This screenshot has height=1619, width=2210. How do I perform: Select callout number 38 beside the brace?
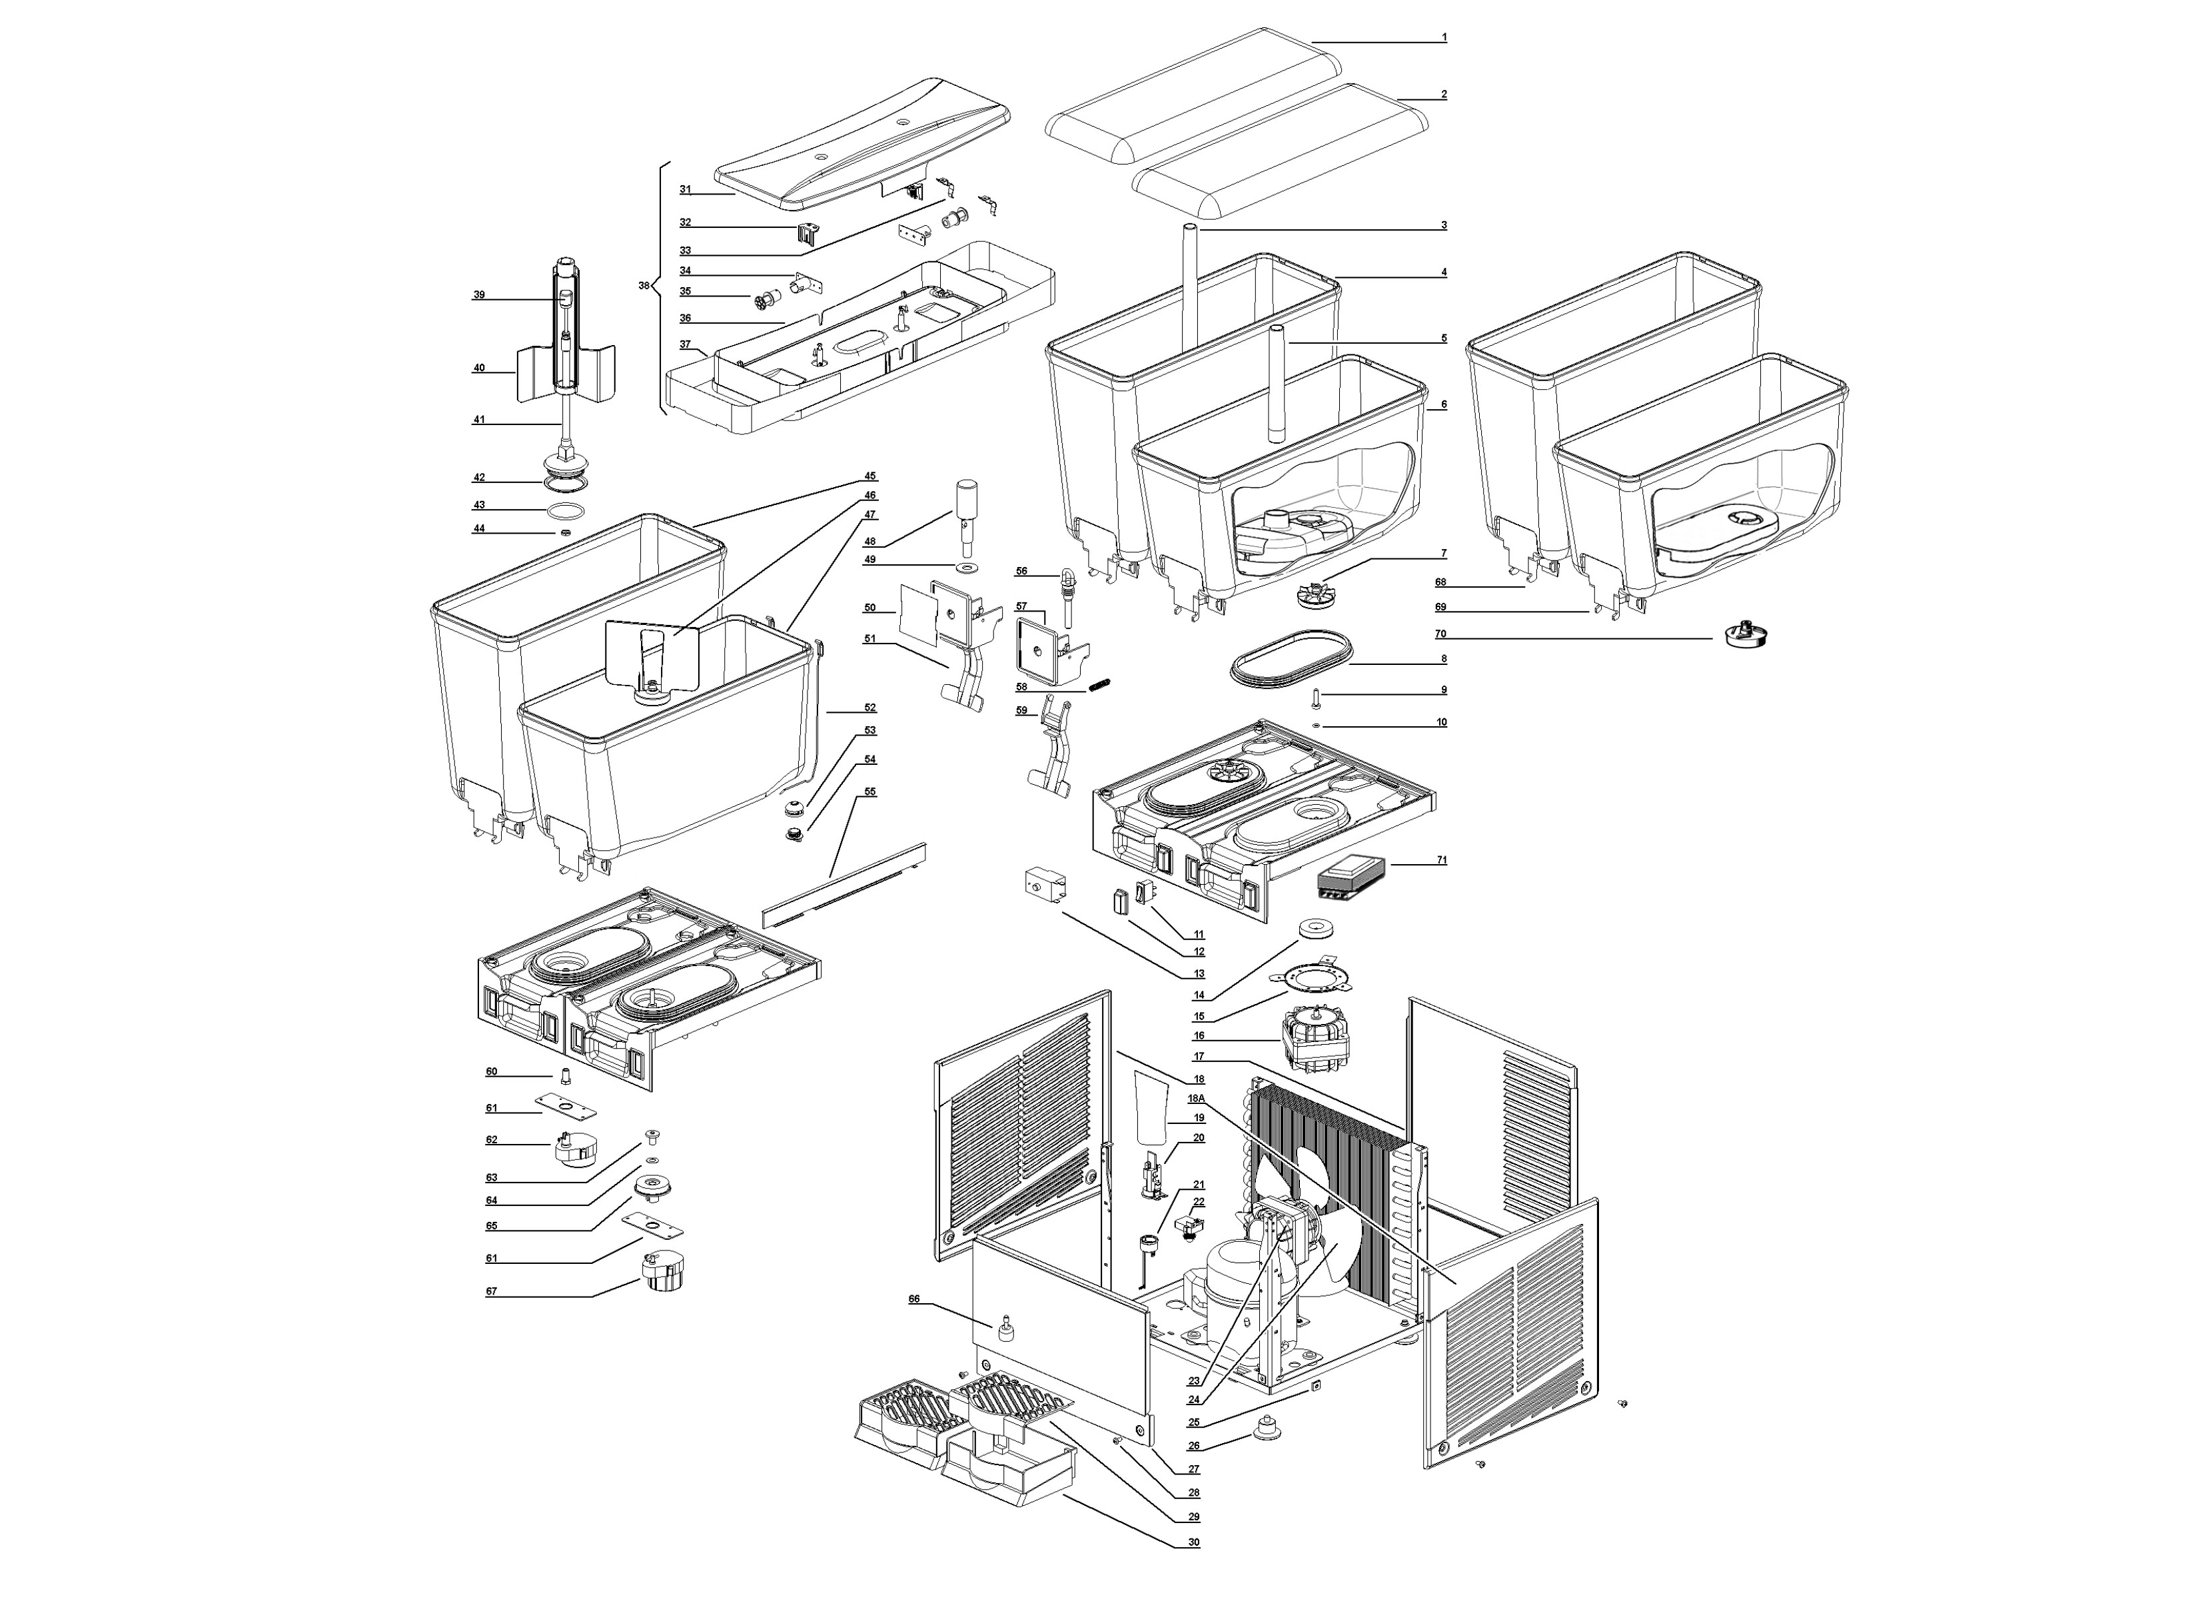pos(644,285)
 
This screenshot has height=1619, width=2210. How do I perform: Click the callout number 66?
pos(914,1299)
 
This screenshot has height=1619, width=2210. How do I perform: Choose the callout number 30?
pos(1193,1542)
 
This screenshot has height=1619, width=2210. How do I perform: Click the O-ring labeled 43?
pos(566,510)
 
